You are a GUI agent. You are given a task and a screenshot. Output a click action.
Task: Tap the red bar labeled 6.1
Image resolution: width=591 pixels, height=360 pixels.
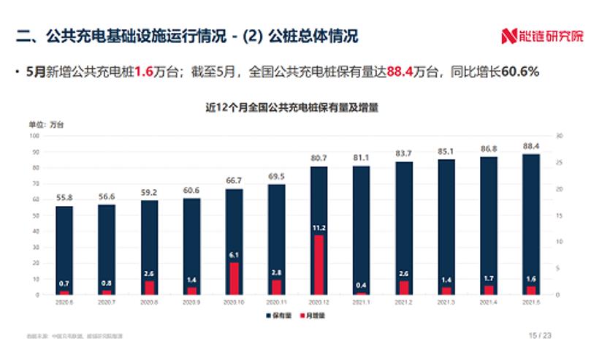pyautogui.click(x=235, y=278)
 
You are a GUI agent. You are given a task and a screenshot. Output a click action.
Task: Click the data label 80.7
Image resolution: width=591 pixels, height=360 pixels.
pyautogui.click(x=319, y=158)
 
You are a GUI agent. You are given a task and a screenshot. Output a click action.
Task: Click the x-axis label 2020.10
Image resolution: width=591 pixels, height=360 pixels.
pyautogui.click(x=235, y=301)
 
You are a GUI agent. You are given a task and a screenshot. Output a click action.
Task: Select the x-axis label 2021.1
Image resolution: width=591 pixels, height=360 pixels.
pyautogui.click(x=362, y=301)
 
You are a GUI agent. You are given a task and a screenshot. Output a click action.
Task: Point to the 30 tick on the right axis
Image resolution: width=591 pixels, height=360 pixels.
pyautogui.click(x=559, y=136)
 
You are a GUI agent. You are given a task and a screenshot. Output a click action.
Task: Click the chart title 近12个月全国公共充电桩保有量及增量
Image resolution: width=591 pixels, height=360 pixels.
pyautogui.click(x=296, y=107)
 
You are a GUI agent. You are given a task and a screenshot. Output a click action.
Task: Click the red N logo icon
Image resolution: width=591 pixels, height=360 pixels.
pyautogui.click(x=508, y=35)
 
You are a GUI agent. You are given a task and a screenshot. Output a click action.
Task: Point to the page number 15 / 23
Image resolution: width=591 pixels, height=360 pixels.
pyautogui.click(x=541, y=336)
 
